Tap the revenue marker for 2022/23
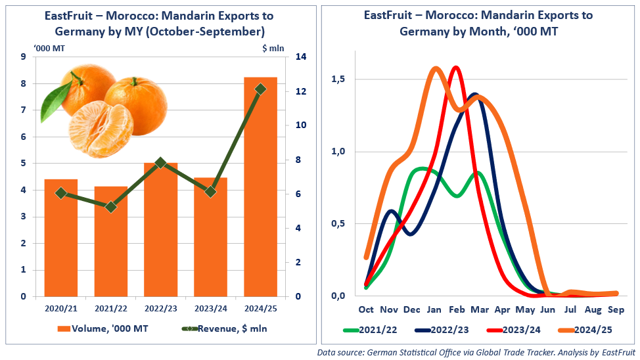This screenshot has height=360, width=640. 161,162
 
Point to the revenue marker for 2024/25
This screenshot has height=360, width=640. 261,89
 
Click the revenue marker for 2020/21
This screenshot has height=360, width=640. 61,193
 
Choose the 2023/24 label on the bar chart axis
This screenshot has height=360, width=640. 211,307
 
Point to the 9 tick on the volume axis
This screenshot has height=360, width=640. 24,57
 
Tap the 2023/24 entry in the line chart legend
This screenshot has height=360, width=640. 514,330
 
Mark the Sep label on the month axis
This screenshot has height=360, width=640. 615,309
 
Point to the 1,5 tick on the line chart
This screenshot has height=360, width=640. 338,79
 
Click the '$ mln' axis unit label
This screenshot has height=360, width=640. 272,47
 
